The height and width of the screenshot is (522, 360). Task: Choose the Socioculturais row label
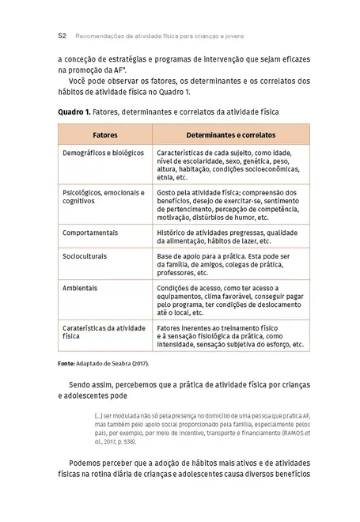click(85, 256)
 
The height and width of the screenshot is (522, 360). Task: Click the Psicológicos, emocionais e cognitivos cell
click(103, 197)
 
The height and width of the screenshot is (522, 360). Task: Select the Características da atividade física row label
click(103, 331)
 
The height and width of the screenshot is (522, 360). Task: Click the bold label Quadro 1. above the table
click(75, 112)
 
